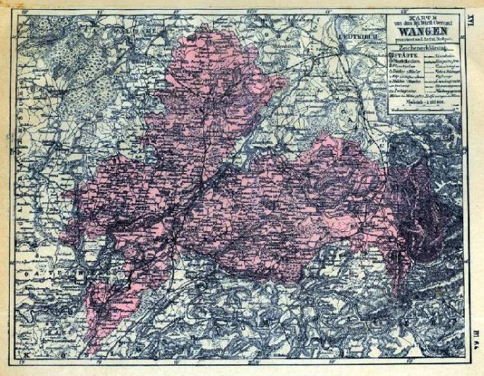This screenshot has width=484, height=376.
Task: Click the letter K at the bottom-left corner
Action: pyautogui.click(x=26, y=354)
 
